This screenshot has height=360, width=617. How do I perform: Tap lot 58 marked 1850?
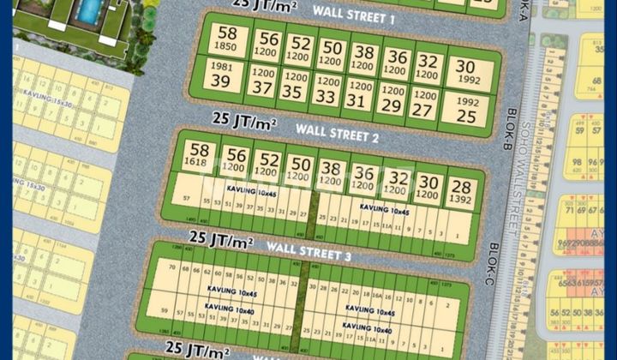[x=227, y=39]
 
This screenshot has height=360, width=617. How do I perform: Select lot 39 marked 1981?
[x=220, y=75]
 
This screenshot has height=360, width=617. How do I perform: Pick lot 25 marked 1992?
[x=465, y=109]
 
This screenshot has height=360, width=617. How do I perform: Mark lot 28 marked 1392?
[x=460, y=191]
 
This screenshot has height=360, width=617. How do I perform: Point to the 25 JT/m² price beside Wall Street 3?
[x=219, y=237]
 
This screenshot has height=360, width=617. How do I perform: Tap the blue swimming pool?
[x=88, y=9]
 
